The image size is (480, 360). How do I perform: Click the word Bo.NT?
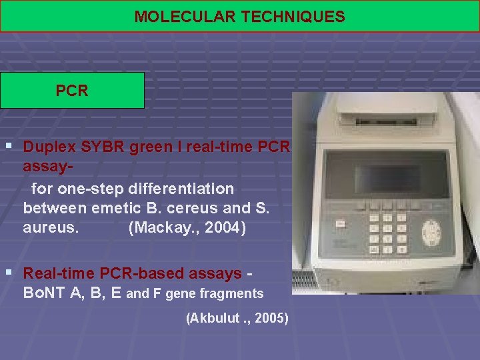click(44, 293)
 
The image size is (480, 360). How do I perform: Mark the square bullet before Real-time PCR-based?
click(9, 273)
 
